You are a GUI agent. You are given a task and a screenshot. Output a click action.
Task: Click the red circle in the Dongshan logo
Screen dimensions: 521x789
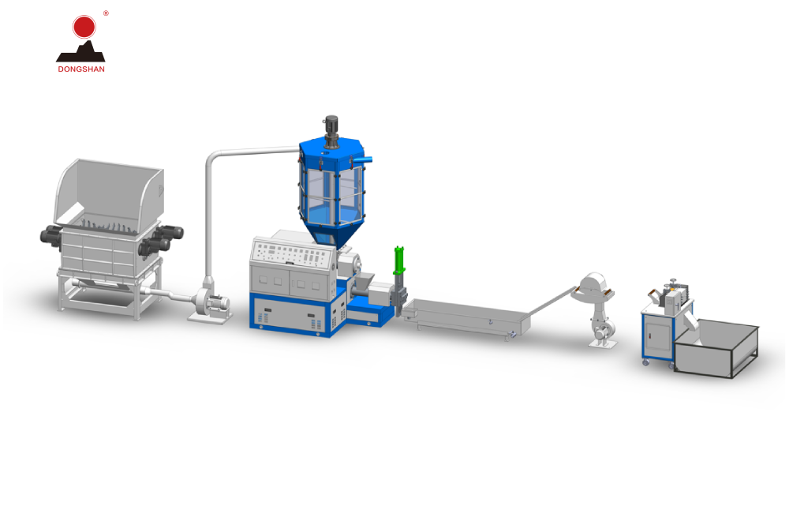click(x=84, y=27)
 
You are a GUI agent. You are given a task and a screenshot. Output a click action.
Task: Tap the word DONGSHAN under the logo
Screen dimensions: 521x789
click(x=80, y=69)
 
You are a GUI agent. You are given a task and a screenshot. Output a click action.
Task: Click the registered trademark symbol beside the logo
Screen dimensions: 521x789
click(x=106, y=13)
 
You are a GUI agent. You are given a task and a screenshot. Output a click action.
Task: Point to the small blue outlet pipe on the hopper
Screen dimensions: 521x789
click(x=364, y=161)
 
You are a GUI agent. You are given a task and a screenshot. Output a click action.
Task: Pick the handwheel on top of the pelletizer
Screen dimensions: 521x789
click(x=673, y=283)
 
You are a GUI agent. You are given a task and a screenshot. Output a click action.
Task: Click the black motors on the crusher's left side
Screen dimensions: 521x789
click(x=51, y=235)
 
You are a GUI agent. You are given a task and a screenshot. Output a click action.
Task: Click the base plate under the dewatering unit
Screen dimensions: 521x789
click(x=602, y=343)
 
